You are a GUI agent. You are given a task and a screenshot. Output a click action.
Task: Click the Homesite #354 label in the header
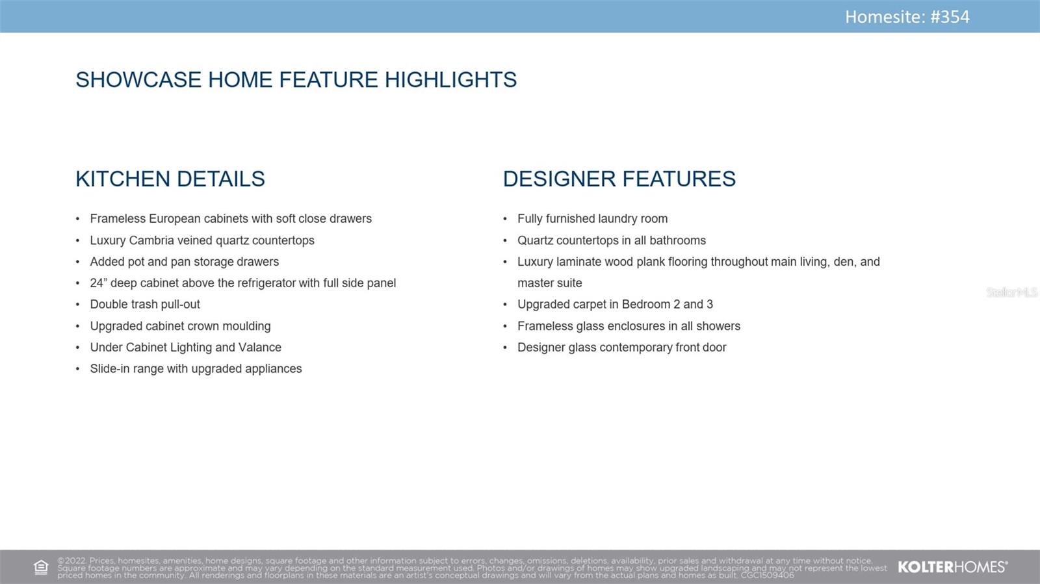click(x=907, y=17)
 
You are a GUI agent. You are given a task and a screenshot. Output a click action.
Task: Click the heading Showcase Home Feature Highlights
click(x=296, y=80)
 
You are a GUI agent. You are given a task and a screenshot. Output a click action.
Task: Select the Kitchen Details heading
click(x=170, y=179)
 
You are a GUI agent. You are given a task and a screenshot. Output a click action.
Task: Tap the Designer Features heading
click(x=619, y=179)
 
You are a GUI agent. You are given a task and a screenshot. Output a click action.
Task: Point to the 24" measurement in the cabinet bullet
click(x=98, y=283)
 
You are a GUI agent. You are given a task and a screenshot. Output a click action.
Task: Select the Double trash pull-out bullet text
click(x=145, y=304)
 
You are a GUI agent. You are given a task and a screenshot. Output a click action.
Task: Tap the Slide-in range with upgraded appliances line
click(x=196, y=369)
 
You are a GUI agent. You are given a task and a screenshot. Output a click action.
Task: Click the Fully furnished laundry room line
click(x=592, y=218)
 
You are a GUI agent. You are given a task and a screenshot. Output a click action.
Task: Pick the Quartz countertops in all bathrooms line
click(x=612, y=240)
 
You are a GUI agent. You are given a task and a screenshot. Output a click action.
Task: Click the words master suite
click(x=550, y=283)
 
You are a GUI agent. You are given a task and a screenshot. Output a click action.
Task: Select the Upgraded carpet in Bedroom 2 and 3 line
click(x=615, y=304)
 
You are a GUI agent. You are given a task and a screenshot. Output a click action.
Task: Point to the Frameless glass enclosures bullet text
click(x=629, y=326)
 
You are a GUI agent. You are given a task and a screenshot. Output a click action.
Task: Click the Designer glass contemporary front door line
click(x=621, y=348)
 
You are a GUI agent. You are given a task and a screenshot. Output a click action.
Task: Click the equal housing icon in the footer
click(x=41, y=567)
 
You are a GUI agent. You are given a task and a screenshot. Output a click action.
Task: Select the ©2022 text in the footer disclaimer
click(x=71, y=561)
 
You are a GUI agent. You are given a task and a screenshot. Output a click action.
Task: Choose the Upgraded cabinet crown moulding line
click(x=180, y=326)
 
